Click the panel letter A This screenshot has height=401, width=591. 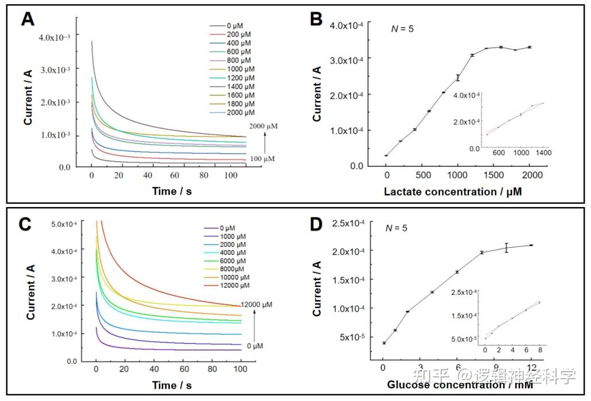tap(28, 20)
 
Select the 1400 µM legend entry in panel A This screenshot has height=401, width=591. tap(240, 87)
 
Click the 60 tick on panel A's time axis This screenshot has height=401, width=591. tap(176, 175)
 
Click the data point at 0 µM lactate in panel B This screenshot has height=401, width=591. tap(386, 155)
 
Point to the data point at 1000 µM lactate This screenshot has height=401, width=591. tap(458, 77)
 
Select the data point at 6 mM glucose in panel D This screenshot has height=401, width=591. tap(457, 272)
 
